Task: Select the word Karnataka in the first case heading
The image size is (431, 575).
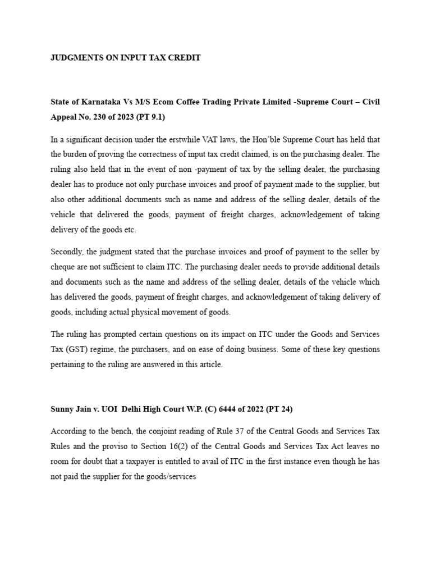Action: point(98,101)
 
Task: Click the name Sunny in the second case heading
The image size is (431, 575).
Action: point(62,410)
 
